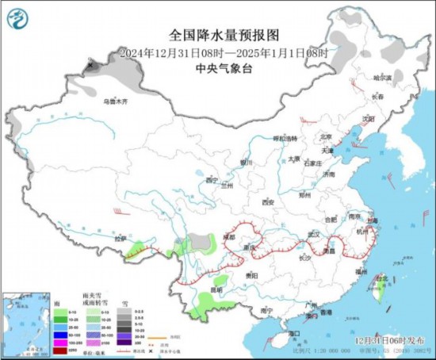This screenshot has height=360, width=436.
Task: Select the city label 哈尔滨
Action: [x=382, y=78]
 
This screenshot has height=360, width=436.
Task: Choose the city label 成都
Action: [x=229, y=236]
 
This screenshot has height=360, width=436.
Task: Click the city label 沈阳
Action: [x=366, y=119]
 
